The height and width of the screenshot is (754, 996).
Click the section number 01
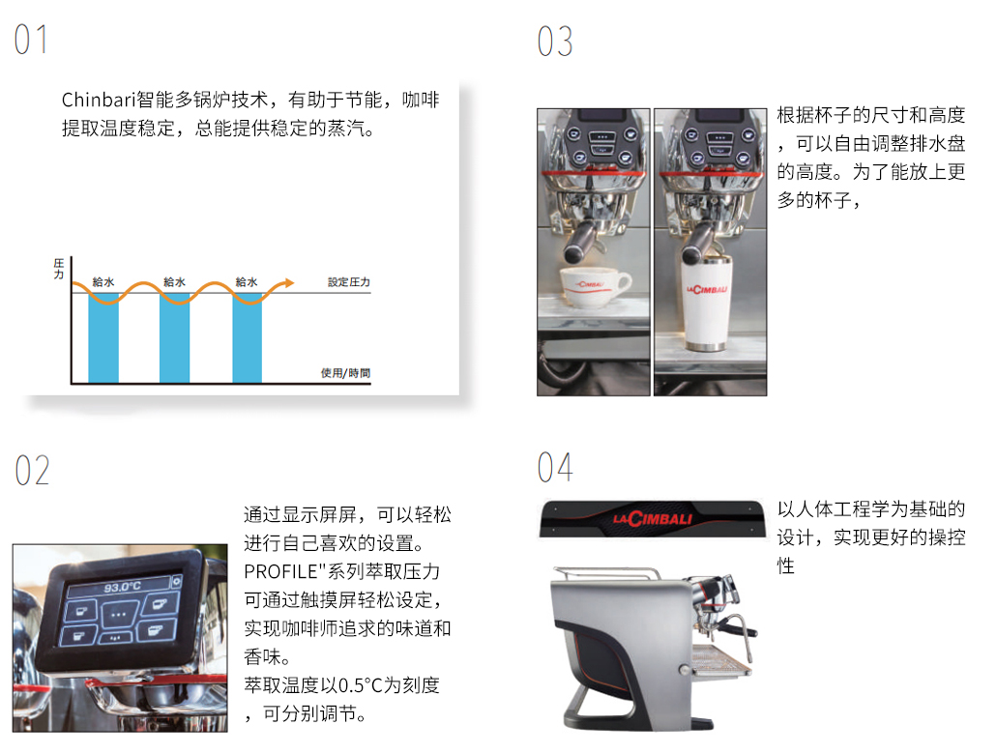pos(31,40)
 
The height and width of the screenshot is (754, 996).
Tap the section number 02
pos(32,471)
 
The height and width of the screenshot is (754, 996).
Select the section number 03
pos(554,42)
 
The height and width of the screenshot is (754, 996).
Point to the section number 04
pos(554,468)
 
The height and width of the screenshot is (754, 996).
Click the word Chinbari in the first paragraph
pos(99,100)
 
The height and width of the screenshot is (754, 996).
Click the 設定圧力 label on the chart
pos(349,282)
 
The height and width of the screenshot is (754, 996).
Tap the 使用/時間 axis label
pos(345,373)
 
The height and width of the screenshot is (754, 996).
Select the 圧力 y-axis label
pos(59,269)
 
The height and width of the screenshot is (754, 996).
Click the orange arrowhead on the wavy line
pos(289,283)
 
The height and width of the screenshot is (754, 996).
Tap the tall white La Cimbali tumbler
pos(708,303)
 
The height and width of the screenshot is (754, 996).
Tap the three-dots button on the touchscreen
pos(119,614)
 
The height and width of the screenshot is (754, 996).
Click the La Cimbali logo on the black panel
pos(653,518)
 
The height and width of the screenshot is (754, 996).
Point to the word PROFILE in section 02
pos(280,571)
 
